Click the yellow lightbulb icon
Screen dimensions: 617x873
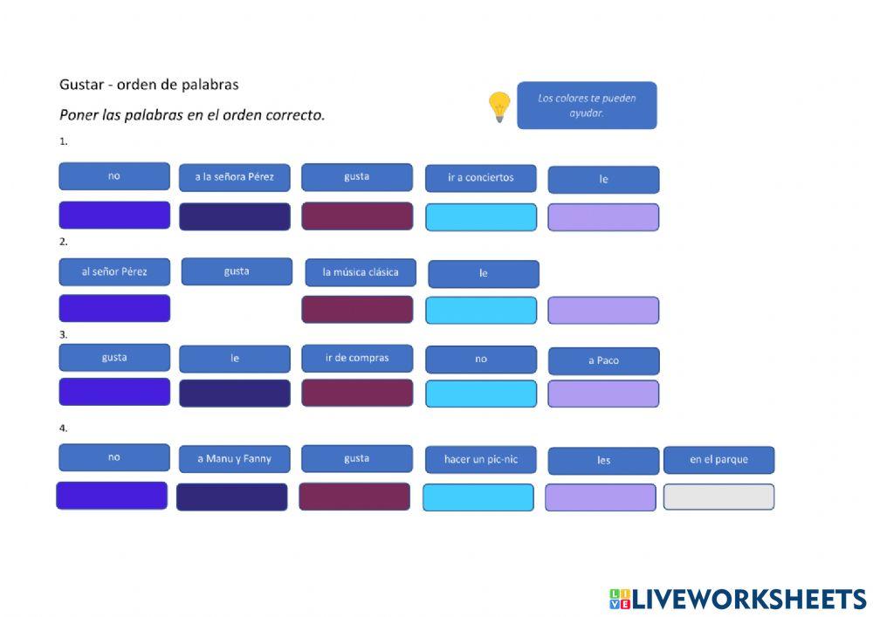[498, 106]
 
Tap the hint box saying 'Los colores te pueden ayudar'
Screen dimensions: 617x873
[586, 106]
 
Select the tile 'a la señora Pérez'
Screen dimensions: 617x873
[234, 177]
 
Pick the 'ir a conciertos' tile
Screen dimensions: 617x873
[480, 178]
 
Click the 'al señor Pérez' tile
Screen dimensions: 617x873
[114, 272]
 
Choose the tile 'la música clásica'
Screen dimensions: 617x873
[360, 272]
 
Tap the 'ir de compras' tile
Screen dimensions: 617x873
[357, 359]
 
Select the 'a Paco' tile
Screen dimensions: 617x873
[603, 360]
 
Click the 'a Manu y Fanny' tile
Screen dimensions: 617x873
[234, 459]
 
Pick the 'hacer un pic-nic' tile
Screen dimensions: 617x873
[480, 460]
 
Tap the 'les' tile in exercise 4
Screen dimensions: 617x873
[603, 461]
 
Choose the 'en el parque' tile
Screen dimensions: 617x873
[718, 460]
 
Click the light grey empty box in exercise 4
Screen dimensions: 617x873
[718, 497]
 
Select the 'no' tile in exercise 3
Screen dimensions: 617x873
[480, 360]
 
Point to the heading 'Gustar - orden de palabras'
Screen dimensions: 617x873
[149, 85]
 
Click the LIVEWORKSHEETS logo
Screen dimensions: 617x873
[738, 599]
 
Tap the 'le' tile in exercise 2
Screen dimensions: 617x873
[483, 274]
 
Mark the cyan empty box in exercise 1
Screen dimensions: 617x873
[480, 217]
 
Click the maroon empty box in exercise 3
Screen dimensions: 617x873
[357, 393]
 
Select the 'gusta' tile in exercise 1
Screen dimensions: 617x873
[357, 177]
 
